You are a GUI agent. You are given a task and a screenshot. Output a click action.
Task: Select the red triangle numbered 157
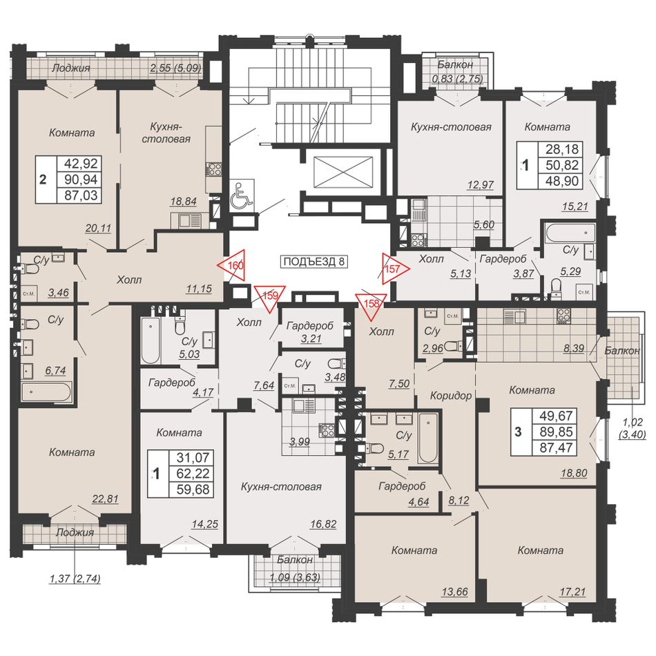click(x=393, y=269)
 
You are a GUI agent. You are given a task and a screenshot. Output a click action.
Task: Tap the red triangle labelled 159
click(x=270, y=296)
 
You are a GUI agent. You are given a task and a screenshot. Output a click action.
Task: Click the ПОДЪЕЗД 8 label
click(x=313, y=262)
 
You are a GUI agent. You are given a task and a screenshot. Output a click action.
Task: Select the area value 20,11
click(x=98, y=228)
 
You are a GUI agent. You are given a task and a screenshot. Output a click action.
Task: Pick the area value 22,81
click(x=106, y=499)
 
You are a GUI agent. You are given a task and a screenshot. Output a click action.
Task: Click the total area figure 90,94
click(x=81, y=179)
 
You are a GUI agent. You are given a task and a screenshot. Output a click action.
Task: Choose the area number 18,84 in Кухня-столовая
click(x=183, y=201)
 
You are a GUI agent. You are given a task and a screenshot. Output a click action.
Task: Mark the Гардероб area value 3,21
click(x=311, y=338)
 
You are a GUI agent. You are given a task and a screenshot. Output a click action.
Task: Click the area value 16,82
click(x=323, y=524)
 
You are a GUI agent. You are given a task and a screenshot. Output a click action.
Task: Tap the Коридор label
click(x=451, y=396)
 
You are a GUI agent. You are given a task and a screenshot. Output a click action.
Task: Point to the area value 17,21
click(x=572, y=592)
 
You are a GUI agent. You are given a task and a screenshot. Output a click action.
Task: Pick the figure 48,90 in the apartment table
click(x=562, y=181)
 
